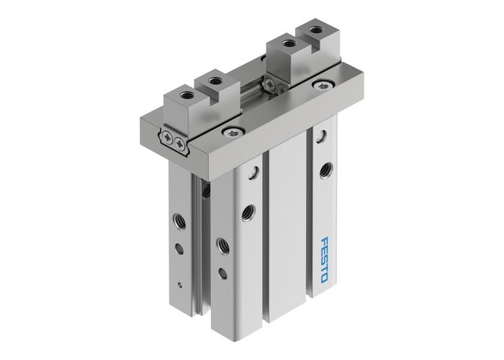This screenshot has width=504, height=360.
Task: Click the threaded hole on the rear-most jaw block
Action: [x=315, y=32]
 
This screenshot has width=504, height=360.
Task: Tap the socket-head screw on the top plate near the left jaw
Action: [x=230, y=131]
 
